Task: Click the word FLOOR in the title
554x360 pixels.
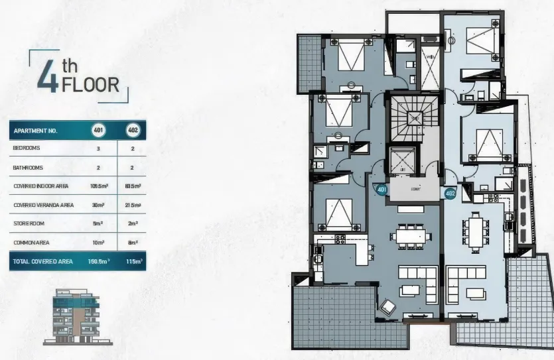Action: (x=90, y=85)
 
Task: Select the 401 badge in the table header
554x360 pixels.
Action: (x=98, y=131)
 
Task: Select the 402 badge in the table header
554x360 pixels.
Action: (x=131, y=131)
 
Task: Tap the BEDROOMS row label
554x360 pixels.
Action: (x=27, y=149)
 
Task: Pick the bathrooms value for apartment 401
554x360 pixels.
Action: (x=98, y=168)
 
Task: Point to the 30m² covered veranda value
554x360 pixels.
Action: (x=98, y=206)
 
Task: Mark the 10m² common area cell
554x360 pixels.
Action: (x=98, y=243)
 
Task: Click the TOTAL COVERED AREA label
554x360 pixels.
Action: (x=42, y=262)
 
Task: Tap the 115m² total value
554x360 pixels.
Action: (x=133, y=262)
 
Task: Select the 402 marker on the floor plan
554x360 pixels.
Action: (x=450, y=194)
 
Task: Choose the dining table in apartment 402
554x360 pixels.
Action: (x=475, y=231)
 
